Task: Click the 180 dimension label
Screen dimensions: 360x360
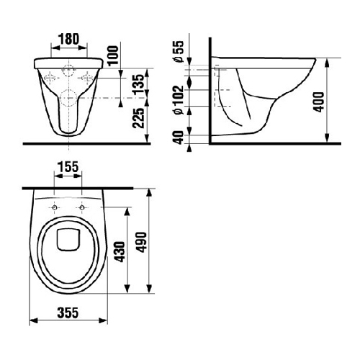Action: (x=68, y=39)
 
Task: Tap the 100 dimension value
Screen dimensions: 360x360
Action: (x=113, y=55)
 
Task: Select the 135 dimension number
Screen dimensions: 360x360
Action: (x=139, y=84)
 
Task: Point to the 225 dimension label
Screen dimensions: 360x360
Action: (x=139, y=118)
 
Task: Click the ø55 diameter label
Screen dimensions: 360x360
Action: (x=179, y=51)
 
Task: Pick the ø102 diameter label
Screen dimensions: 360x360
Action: (x=179, y=100)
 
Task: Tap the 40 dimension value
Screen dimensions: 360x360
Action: (x=179, y=138)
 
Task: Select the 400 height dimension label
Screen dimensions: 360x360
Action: (x=319, y=102)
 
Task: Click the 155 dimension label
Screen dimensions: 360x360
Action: (x=68, y=167)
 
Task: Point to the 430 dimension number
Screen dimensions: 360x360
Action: (x=120, y=252)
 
